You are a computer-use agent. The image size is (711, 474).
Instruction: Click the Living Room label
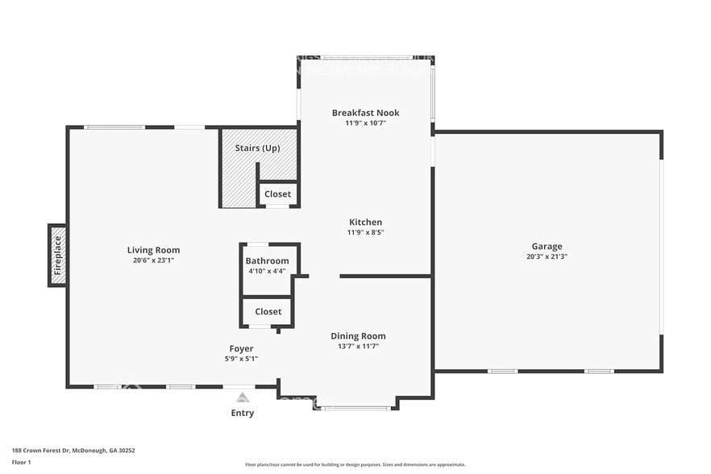tap(153, 250)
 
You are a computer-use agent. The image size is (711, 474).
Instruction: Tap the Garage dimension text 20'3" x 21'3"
tap(547, 257)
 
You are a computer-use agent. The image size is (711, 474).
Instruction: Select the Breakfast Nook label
tap(365, 113)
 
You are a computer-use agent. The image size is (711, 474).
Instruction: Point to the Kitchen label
tap(365, 222)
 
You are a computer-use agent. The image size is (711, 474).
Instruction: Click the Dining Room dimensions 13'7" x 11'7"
tap(358, 347)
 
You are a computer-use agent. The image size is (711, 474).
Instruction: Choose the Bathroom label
tap(267, 261)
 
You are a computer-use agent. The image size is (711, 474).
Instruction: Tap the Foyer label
tap(241, 349)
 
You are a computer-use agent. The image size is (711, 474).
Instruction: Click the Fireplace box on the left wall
tap(57, 256)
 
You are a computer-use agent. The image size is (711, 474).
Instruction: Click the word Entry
tap(242, 414)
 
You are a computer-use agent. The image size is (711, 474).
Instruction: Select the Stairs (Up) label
tap(257, 148)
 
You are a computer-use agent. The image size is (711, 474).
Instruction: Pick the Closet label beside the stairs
tap(277, 194)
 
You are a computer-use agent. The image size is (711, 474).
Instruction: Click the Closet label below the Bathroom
tap(268, 311)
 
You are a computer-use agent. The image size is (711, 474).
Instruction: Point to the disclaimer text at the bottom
tap(355, 464)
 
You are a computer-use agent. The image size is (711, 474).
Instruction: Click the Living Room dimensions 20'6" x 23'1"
tap(153, 260)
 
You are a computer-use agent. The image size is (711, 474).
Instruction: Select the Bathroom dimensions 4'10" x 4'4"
tap(267, 271)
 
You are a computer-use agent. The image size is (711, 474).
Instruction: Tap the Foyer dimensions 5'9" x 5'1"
tap(241, 359)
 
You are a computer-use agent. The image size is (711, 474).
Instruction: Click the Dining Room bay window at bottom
tap(355, 408)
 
